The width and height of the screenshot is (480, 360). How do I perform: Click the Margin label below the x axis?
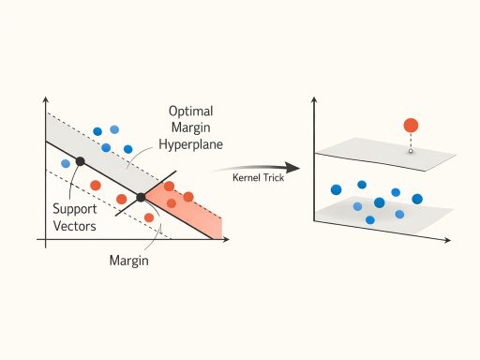(x=129, y=261)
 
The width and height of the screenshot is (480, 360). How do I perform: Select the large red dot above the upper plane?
(x=411, y=125)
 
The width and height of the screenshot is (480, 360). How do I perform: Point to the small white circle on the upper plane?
(x=411, y=150)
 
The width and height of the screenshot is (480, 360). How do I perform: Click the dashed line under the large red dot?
(x=411, y=140)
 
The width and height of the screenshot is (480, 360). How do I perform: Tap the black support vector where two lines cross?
(x=141, y=197)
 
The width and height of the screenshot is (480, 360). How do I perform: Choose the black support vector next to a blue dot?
(x=80, y=161)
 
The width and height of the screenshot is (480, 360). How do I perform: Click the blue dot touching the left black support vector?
(x=66, y=164)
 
